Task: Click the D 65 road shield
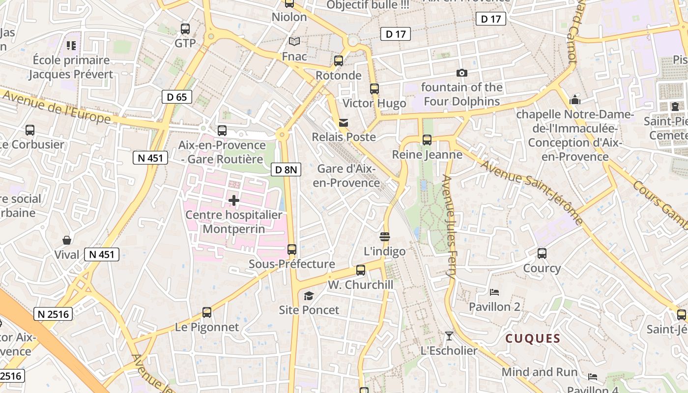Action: [x=177, y=97]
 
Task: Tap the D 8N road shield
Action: [x=286, y=170]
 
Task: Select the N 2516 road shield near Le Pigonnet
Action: [x=53, y=314]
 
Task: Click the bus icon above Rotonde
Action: [x=338, y=61]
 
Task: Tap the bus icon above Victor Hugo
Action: [x=374, y=89]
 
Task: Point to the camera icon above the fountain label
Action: [x=461, y=73]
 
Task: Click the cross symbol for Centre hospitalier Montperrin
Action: [x=234, y=200]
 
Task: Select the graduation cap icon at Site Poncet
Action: [x=309, y=296]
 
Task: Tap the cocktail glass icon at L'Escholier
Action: [x=449, y=336]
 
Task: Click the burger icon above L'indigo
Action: [x=385, y=237]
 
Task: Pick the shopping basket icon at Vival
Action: [x=67, y=240]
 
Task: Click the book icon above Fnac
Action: [x=294, y=42]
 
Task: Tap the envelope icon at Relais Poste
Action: [x=344, y=122]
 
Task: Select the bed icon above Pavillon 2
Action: [x=494, y=292]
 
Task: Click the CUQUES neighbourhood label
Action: [x=533, y=338]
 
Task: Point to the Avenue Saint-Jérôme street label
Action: [x=532, y=192]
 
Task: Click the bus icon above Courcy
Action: [x=542, y=253]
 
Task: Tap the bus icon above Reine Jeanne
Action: [x=427, y=140]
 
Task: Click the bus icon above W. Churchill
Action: [x=361, y=270]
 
